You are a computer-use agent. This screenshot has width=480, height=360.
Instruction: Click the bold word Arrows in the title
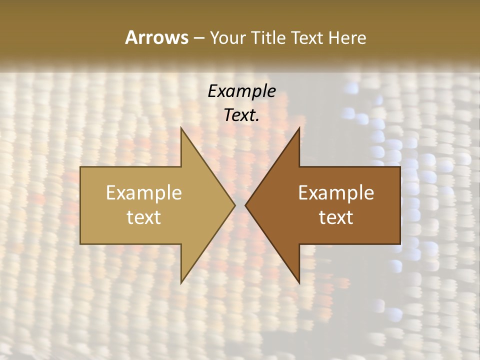point(156,37)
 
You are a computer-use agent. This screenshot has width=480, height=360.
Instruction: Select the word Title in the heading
point(270,37)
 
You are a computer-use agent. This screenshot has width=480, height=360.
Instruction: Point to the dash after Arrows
point(198,38)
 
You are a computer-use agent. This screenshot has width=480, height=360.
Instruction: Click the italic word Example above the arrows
point(241,91)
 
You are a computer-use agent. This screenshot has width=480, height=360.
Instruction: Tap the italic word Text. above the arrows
point(241,115)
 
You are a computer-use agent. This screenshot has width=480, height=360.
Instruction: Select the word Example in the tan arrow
point(144,193)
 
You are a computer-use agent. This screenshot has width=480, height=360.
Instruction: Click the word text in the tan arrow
point(144,217)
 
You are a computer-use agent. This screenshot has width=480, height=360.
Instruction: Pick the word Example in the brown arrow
point(336,193)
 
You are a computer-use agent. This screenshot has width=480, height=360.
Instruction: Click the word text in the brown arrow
point(336,217)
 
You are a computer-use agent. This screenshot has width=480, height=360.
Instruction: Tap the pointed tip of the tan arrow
point(234,205)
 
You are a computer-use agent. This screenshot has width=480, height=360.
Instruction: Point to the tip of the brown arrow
point(246,205)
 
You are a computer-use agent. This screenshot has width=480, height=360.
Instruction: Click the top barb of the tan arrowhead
point(181,128)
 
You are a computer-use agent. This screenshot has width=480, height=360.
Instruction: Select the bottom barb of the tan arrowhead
point(181,282)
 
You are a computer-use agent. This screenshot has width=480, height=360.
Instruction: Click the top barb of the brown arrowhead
point(299,128)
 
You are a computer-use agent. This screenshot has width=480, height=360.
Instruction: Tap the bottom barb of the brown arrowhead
point(299,282)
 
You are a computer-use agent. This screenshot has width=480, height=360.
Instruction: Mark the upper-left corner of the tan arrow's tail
point(81,167)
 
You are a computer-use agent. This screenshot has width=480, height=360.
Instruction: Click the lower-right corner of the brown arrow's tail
point(399,243)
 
